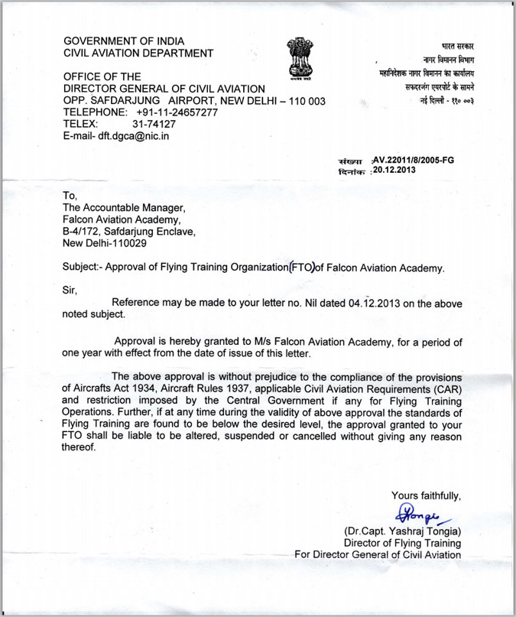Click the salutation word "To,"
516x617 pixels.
pos(71,196)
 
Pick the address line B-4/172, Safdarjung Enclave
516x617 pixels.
pos(128,231)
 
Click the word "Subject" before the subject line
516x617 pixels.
pos(82,267)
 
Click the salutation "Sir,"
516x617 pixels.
pos(70,289)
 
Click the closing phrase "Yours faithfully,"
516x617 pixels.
pos(426,495)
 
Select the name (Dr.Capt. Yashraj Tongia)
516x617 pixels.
pos(403,531)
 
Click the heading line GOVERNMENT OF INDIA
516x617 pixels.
pos(124,41)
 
